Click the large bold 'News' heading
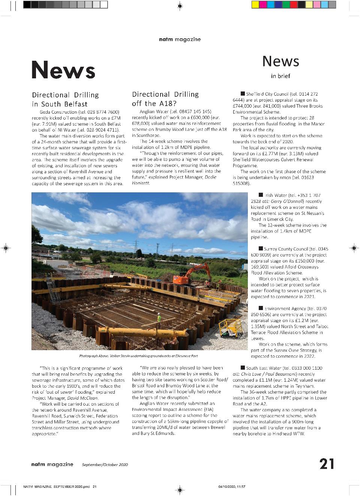coord(63,70)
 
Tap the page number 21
coord(327,464)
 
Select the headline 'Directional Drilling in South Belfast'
coord(65,99)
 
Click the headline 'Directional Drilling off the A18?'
coord(165,99)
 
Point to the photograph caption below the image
coord(138,356)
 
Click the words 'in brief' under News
coord(280,76)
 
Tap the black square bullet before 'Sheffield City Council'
coord(243,94)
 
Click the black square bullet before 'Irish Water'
coord(261,195)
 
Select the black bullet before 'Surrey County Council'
coord(261,249)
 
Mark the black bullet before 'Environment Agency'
coord(261,308)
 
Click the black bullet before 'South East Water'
coord(243,368)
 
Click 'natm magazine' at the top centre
coord(180,39)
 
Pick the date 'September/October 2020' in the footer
coord(105,465)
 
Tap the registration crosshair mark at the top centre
coord(180,6)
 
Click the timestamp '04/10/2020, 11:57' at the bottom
coord(231,487)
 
